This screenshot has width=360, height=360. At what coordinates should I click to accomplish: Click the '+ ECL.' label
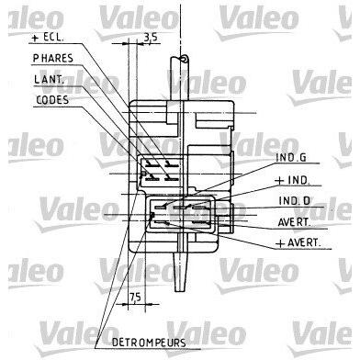48,38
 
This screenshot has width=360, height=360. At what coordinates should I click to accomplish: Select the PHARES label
53,58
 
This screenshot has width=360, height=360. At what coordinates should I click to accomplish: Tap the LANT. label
50,79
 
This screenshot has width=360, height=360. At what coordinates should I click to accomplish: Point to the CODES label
52,100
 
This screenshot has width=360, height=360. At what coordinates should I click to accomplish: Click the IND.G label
291,157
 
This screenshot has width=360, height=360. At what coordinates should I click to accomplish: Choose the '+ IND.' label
292,180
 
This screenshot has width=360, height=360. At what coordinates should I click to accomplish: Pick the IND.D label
295,201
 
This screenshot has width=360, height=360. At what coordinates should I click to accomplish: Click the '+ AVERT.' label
298,243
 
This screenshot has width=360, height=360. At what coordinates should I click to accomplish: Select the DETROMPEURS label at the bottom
149,343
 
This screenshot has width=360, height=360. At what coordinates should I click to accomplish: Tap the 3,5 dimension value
151,38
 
